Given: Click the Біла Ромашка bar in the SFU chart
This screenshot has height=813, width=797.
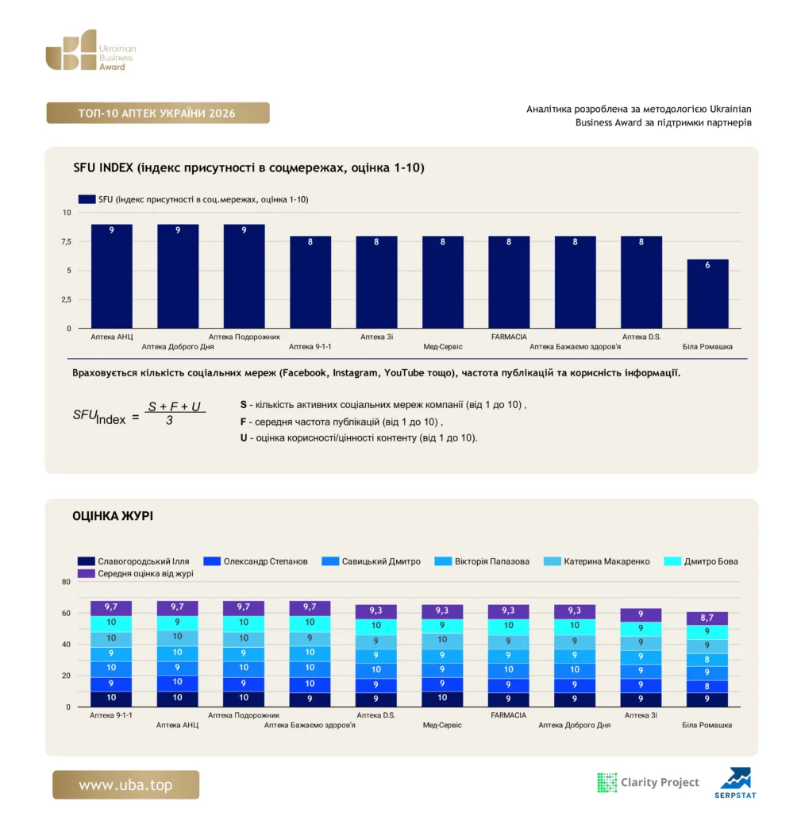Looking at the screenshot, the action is point(707,294).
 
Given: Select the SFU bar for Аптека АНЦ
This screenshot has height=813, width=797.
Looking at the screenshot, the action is point(111,276).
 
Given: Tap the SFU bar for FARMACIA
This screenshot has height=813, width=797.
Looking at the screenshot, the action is point(509,282).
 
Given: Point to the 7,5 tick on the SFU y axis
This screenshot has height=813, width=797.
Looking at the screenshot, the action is point(67,241).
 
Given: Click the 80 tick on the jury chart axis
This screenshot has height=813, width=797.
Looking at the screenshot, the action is point(66,582).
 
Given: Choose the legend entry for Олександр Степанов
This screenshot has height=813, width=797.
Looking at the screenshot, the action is point(256,561).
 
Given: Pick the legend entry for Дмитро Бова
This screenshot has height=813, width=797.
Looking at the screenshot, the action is point(701,561).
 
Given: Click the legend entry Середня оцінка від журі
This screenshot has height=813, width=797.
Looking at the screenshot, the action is point(135,573).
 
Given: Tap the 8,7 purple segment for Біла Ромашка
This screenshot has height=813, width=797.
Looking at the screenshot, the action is point(707,618).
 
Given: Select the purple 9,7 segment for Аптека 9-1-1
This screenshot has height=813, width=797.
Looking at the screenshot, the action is point(111,607).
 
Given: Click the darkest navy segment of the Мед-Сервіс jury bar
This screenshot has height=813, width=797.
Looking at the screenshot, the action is point(442,699).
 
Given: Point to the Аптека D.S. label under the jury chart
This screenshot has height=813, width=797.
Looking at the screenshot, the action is point(376,715).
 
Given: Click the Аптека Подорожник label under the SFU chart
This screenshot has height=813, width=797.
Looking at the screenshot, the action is point(244,337).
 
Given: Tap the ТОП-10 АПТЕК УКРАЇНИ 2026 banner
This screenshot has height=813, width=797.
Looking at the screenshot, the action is point(158,113).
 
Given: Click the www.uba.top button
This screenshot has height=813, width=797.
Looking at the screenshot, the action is point(125,784).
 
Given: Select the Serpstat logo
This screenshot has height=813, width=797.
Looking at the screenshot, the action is point(735,783).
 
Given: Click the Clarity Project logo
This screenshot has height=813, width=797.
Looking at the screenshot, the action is point(648,782).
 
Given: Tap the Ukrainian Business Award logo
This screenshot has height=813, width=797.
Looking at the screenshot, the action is point(90,50).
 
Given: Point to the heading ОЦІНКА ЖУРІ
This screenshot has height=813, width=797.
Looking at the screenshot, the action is point(113,516).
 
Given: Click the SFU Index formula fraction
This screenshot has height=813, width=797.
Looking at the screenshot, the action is point(174,413).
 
